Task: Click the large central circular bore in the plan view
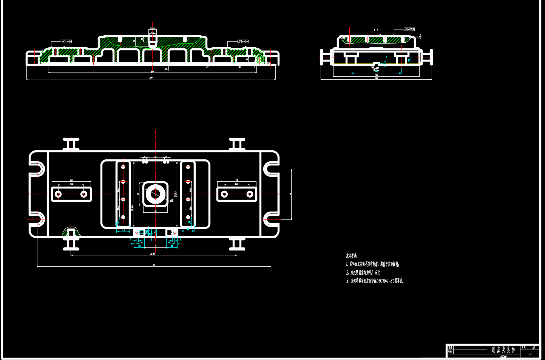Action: (155, 194)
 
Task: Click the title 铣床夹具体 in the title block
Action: (503, 350)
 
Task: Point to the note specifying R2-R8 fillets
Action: (363, 272)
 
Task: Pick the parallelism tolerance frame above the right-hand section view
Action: (409, 29)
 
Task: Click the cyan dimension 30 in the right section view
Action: (409, 60)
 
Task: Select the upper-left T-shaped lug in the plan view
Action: (71, 144)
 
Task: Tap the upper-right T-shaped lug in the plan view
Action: (237, 144)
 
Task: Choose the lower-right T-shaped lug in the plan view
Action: (237, 243)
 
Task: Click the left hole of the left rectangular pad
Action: (58, 194)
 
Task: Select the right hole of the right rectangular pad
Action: (250, 194)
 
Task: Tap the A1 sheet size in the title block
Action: (530, 354)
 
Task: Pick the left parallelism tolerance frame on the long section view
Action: (66, 41)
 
